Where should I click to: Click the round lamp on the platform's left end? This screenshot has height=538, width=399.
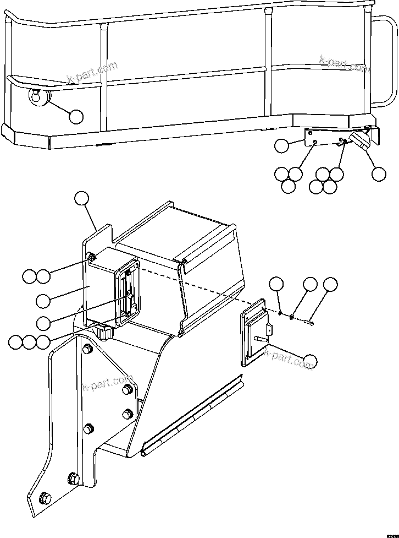[x=39, y=97]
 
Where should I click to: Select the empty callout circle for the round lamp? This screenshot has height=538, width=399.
[x=76, y=116]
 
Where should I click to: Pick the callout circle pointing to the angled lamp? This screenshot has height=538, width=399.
[x=378, y=173]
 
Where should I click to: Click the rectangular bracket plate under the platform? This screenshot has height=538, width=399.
[x=324, y=138]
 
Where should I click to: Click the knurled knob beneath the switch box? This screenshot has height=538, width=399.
[x=104, y=333]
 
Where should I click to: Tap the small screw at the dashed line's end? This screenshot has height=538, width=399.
[x=312, y=323]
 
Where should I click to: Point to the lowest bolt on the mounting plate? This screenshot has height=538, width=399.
[x=45, y=499]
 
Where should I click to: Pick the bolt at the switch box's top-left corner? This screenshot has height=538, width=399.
[x=92, y=257]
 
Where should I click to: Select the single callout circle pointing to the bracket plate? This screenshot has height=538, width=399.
[x=281, y=146]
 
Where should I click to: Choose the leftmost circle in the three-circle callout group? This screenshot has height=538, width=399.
[x=15, y=342]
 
